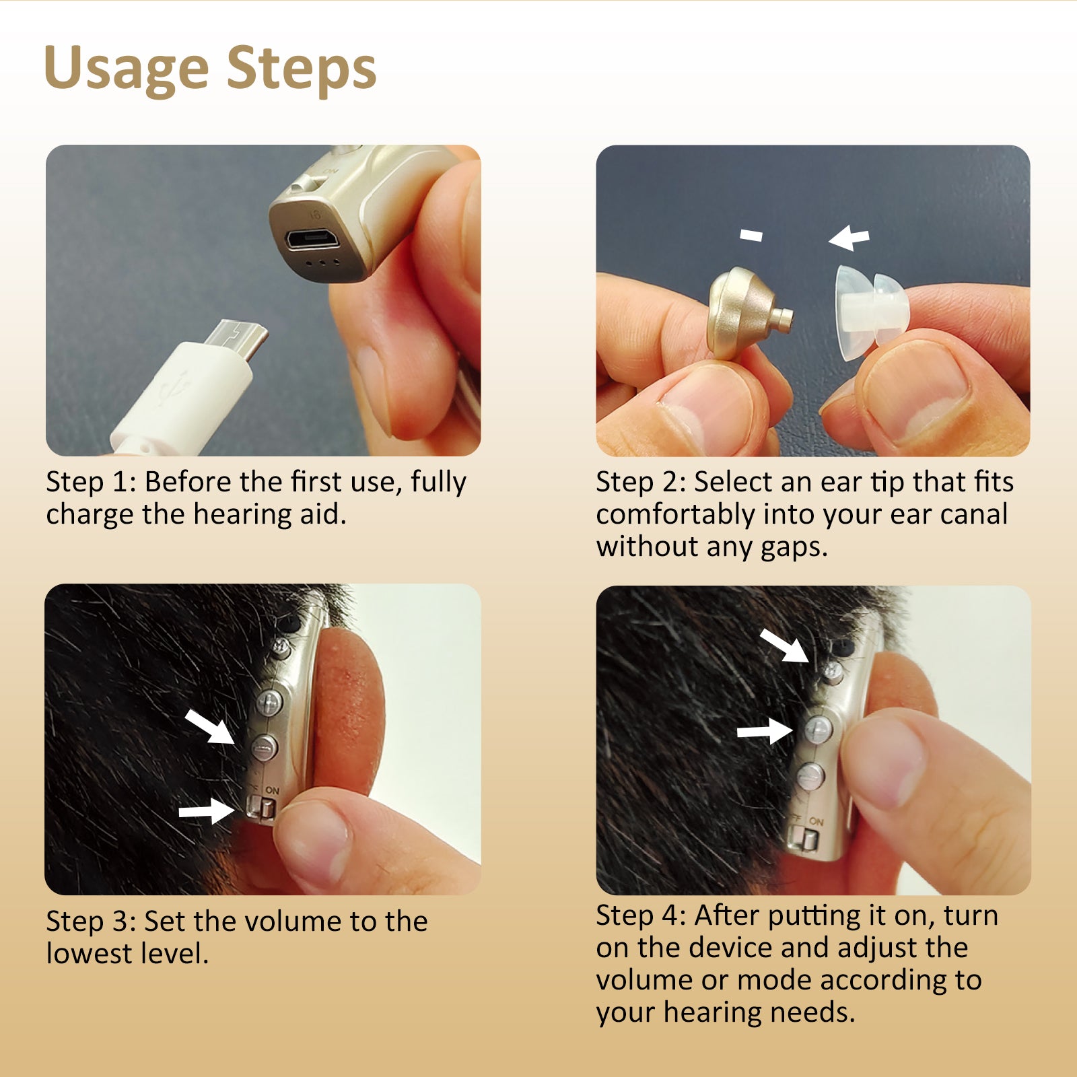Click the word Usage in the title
(127, 69)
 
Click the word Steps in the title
(301, 69)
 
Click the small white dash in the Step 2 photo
(751, 235)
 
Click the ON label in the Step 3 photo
(272, 790)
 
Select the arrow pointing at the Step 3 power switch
(206, 811)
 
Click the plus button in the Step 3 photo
(269, 703)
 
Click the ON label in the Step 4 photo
(817, 821)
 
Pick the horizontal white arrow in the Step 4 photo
(765, 731)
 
